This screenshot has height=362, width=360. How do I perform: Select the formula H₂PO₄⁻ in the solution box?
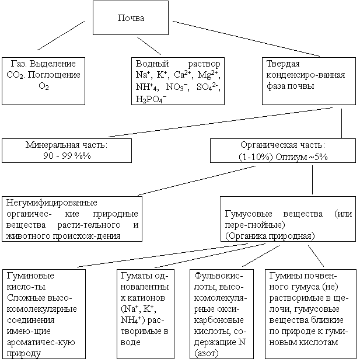[x=151, y=98]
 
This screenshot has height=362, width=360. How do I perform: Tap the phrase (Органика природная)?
[x=269, y=235]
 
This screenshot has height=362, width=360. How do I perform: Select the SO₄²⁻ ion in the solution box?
[x=208, y=86]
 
